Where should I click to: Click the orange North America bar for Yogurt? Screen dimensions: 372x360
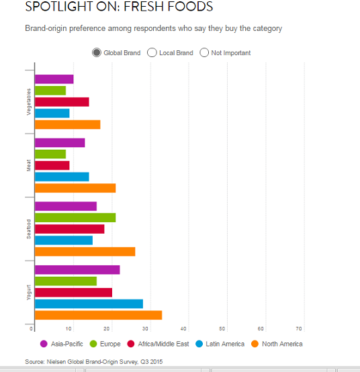[x=98, y=315]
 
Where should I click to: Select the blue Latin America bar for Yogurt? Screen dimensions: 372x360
[x=89, y=304]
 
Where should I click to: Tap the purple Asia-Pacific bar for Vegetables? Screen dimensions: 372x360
[x=54, y=79]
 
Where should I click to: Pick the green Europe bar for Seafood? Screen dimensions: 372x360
[x=75, y=218]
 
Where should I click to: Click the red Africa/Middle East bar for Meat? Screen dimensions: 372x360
[x=52, y=165]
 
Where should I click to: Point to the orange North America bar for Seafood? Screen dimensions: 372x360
[x=85, y=252]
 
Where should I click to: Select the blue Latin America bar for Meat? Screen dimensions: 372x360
[x=61, y=177]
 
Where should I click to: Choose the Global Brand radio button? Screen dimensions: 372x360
[x=97, y=52]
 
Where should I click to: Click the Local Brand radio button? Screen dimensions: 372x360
[x=152, y=52]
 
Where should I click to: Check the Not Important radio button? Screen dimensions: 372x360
[x=204, y=52]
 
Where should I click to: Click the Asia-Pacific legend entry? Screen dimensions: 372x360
[x=61, y=344]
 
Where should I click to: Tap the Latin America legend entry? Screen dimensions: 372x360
[x=220, y=344]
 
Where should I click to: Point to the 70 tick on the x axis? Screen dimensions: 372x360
[x=300, y=328]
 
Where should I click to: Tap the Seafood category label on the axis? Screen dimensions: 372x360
[x=28, y=229]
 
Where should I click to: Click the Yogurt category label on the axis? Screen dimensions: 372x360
[x=28, y=291]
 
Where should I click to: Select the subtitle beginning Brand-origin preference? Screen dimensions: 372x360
[x=153, y=28]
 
